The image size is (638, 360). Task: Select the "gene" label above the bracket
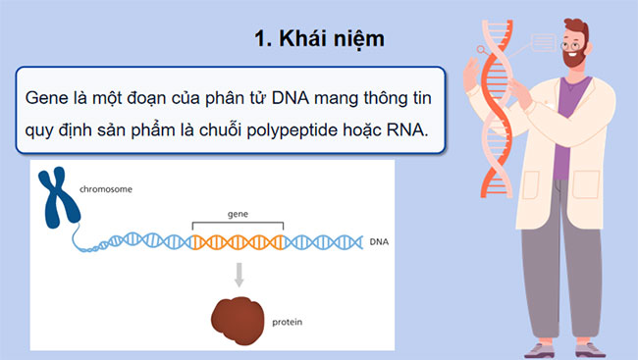tap(238, 211)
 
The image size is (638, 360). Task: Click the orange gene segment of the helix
tap(238, 239)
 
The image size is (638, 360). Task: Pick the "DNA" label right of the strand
tap(378, 240)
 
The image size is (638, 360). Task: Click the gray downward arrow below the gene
tap(238, 276)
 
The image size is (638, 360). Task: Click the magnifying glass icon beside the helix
tap(481, 48)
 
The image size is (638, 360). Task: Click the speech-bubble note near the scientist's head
tap(542, 42)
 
